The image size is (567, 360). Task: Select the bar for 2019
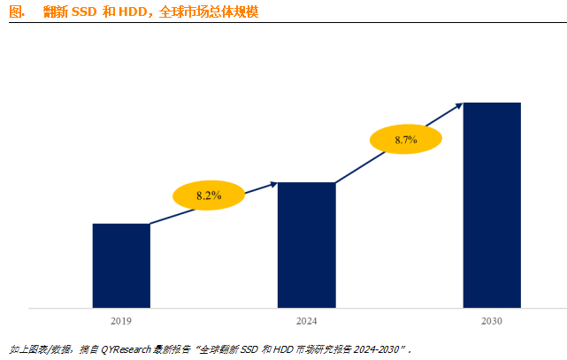pyautogui.click(x=121, y=265)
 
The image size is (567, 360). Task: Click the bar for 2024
pyautogui.click(x=306, y=245)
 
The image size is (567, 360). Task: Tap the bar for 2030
pyautogui.click(x=492, y=205)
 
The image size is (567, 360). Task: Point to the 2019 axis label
pyautogui.click(x=121, y=321)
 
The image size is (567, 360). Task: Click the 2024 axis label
pyautogui.click(x=306, y=321)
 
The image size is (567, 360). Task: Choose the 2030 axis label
pyautogui.click(x=492, y=321)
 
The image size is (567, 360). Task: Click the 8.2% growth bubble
pyautogui.click(x=209, y=195)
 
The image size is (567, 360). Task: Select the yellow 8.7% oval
pyautogui.click(x=405, y=140)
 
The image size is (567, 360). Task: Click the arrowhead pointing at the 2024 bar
pyautogui.click(x=272, y=184)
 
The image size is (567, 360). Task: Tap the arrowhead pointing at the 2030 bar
pyautogui.click(x=458, y=105)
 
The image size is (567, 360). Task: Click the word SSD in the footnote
pyautogui.click(x=251, y=349)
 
